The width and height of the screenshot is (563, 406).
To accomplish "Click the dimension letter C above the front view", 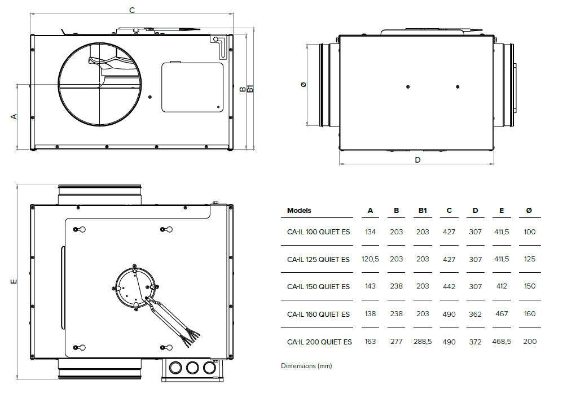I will point(132,10).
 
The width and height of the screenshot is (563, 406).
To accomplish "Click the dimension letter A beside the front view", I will point(14,116).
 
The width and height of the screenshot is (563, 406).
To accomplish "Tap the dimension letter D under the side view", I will point(417,160).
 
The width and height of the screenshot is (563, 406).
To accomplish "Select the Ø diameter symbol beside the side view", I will point(304,84).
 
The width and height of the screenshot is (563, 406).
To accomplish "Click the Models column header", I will point(299,211).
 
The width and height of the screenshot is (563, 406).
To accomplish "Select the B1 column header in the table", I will point(423,211).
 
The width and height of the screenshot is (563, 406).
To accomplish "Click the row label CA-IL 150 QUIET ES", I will point(318,287).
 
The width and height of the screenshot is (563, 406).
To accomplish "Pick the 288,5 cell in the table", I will point(423,342).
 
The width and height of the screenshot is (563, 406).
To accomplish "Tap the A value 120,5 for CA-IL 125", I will point(370,259).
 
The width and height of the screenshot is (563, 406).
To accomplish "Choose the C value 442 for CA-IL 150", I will point(449,287).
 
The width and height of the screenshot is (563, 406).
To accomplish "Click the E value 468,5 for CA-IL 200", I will point(501,342).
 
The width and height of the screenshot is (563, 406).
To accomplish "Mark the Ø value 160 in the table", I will point(529,314).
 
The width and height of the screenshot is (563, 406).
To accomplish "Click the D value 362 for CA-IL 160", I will point(475,314).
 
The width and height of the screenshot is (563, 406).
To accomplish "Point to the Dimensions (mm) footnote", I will point(306,366).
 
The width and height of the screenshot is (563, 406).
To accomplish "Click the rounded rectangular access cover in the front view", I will point(192,87).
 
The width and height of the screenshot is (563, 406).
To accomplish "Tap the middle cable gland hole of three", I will point(192,368).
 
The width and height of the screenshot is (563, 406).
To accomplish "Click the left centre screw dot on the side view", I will point(408,86).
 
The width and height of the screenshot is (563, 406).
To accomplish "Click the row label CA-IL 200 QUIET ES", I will point(319,342).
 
